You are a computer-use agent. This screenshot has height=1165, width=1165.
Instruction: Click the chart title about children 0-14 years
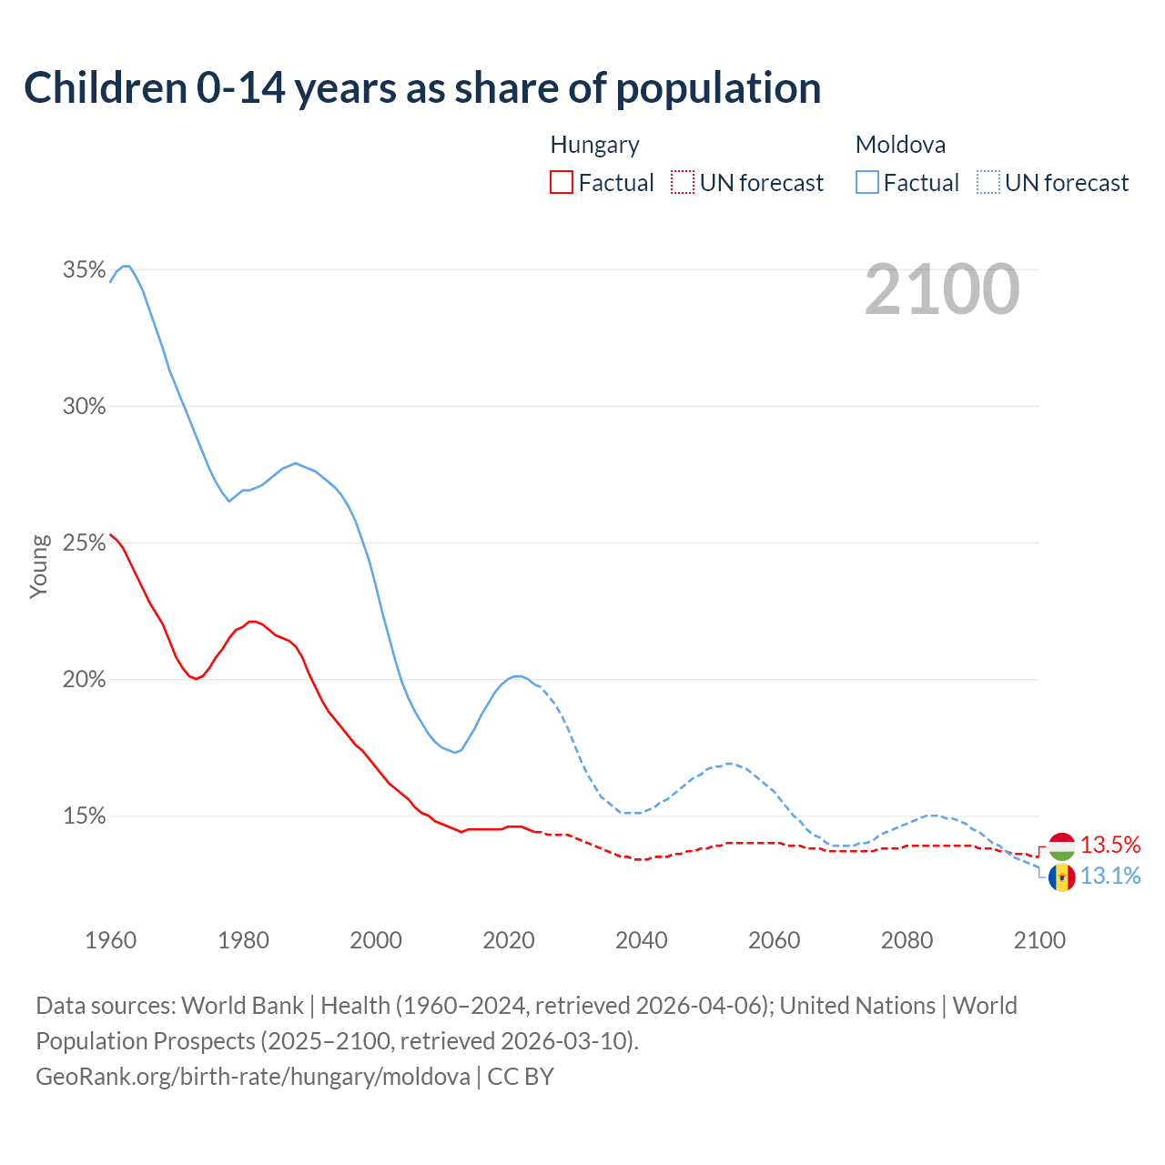pyautogui.click(x=422, y=88)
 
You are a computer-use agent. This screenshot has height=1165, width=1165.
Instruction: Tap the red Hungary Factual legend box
pyautogui.click(x=562, y=183)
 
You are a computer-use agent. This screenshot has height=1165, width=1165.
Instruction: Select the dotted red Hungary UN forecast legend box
pyautogui.click(x=683, y=183)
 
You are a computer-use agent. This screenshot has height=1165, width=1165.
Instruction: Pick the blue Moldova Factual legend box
pyautogui.click(x=866, y=183)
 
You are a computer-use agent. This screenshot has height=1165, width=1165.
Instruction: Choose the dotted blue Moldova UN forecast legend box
pyautogui.click(x=988, y=183)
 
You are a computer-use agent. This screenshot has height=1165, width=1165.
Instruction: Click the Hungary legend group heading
pyautogui.click(x=594, y=145)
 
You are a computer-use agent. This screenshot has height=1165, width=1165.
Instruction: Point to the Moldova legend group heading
pyautogui.click(x=900, y=145)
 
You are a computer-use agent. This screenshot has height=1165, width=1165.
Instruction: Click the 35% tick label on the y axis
pyautogui.click(x=84, y=269)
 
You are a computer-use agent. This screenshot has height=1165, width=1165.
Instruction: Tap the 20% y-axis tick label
pyautogui.click(x=84, y=680)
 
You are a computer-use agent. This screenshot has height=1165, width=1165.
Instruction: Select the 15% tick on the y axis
pyautogui.click(x=84, y=816)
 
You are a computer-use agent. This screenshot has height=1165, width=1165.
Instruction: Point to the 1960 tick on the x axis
pyautogui.click(x=110, y=940)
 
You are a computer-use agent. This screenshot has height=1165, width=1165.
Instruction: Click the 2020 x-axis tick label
pyautogui.click(x=508, y=940)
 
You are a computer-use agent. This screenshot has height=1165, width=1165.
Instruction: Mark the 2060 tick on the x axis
pyautogui.click(x=774, y=940)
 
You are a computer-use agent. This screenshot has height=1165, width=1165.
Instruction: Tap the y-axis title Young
pyautogui.click(x=39, y=566)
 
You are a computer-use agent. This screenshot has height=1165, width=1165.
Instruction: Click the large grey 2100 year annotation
pyautogui.click(x=942, y=289)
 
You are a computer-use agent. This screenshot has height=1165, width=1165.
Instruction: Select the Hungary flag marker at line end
pyautogui.click(x=1062, y=846)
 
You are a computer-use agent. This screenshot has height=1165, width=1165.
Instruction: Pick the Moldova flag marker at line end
pyautogui.click(x=1062, y=877)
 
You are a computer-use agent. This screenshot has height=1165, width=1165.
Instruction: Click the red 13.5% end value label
pyautogui.click(x=1110, y=846)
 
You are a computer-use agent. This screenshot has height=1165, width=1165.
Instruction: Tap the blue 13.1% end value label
pyautogui.click(x=1110, y=876)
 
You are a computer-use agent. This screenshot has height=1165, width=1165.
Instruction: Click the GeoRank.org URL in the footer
pyautogui.click(x=253, y=1077)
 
